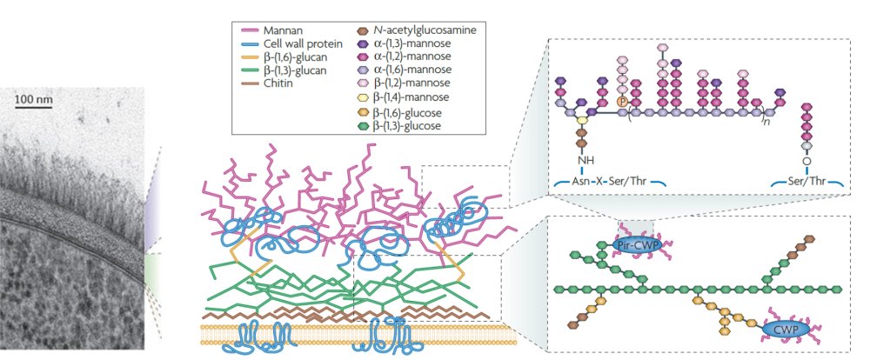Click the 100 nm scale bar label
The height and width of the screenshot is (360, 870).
point(34,99)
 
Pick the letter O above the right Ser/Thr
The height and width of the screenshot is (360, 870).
point(806,160)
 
